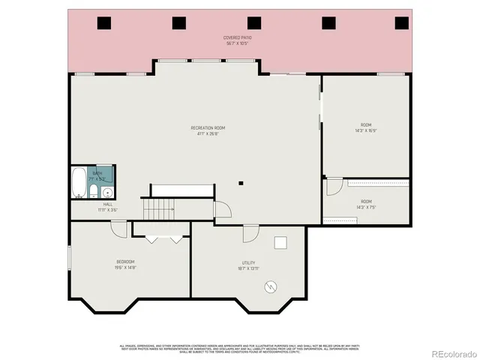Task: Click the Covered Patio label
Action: tap(237, 40)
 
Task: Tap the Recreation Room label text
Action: tap(208, 131)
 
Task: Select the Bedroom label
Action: tap(124, 264)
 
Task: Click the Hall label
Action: tap(108, 207)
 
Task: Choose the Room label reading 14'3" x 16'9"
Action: tap(365, 128)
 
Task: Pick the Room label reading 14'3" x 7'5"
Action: tap(365, 204)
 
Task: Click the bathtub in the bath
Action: tap(79, 182)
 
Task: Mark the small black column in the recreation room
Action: tap(241, 182)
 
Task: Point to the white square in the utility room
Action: tap(281, 242)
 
